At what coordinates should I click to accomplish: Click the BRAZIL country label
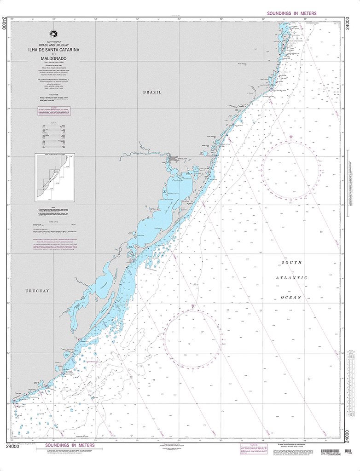(x=153, y=92)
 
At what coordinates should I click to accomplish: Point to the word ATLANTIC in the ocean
(x=291, y=278)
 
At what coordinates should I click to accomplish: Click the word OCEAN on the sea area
(x=291, y=297)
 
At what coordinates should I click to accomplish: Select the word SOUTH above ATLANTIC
(x=292, y=263)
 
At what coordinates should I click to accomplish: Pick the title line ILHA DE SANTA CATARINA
(x=53, y=49)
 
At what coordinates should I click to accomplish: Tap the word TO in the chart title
(x=53, y=54)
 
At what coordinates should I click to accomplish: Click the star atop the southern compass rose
(x=193, y=306)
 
